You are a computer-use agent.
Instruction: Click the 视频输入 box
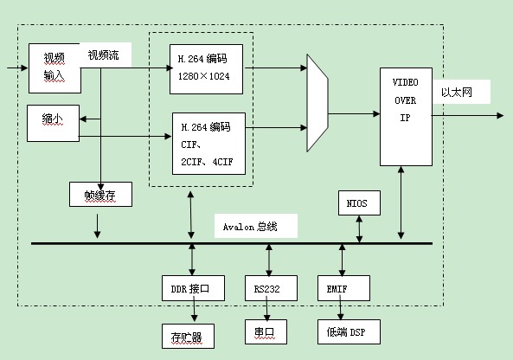coord(55,68)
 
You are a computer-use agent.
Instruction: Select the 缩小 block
coord(53,123)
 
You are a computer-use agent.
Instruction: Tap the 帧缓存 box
coord(100,195)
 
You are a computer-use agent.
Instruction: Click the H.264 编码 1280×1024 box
coord(206,69)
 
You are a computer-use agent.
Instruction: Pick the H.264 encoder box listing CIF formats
coord(208,144)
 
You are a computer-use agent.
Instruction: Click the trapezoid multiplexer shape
coord(317,103)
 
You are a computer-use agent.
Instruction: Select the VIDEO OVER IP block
coord(406,117)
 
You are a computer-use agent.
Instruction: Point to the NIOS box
coord(359,202)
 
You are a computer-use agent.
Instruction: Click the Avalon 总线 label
coord(250,227)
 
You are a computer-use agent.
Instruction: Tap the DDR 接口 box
coord(193,288)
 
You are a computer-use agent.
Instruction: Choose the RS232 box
coord(271,288)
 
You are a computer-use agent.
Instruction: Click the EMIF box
coord(343,288)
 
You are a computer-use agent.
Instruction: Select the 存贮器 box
coord(188,336)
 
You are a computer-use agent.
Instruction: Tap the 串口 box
coord(266,331)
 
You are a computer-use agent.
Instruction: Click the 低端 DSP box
coord(349,331)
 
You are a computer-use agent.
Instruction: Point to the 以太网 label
coord(457,93)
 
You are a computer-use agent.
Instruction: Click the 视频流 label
coord(103,55)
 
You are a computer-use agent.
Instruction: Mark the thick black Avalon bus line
coord(232,243)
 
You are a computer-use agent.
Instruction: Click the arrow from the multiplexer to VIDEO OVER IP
coord(354,114)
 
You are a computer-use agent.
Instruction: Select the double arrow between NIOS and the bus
coord(359,228)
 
